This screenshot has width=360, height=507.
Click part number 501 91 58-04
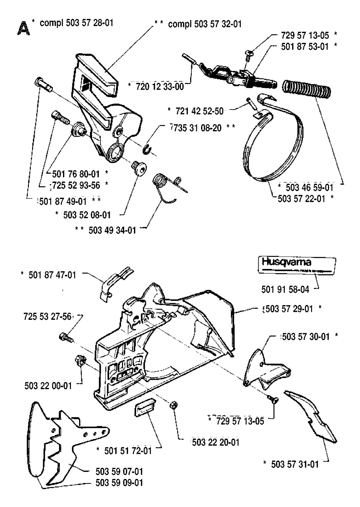pyautogui.click(x=285, y=289)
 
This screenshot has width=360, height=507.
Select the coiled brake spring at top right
pyautogui.click(x=307, y=89)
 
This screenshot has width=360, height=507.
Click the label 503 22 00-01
pyautogui.click(x=48, y=386)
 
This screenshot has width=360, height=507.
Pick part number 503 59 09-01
pyautogui.click(x=119, y=483)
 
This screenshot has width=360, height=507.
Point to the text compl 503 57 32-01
pyautogui.click(x=205, y=24)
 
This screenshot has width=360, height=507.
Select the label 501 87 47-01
pyautogui.click(x=52, y=275)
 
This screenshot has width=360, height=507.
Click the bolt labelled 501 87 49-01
pyautogui.click(x=43, y=84)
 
